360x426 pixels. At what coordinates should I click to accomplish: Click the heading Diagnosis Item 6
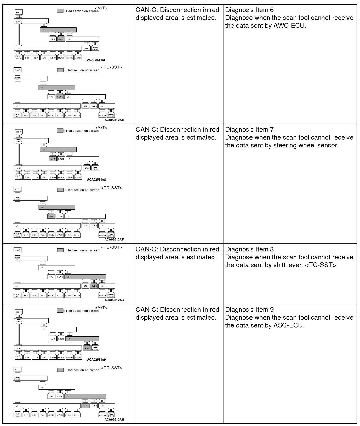pos(249,10)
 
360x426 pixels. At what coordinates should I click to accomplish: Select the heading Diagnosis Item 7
pos(249,130)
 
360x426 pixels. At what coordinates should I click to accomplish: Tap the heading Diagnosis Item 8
pos(249,249)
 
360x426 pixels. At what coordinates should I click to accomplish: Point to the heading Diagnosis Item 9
pos(249,310)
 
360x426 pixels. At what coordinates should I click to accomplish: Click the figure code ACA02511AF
pos(96,60)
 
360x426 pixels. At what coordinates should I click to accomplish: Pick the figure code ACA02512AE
pos(114,120)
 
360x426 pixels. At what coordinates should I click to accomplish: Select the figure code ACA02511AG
pos(96,180)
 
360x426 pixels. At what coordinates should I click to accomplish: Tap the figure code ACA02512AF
pos(114,239)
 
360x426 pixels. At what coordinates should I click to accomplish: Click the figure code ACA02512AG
pos(114,300)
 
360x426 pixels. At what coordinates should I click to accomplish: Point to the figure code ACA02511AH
pos(96,360)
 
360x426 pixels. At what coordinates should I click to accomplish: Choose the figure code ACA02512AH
pos(114,420)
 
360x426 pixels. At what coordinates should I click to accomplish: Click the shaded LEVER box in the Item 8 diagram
pos(94,286)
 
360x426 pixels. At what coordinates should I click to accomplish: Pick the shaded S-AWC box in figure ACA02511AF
pos(61,39)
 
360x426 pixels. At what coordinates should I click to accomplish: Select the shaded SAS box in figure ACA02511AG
pos(53,159)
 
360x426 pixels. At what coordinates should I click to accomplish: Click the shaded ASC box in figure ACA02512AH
pos(85,406)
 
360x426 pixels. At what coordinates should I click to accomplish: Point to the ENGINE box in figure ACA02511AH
pos(95,348)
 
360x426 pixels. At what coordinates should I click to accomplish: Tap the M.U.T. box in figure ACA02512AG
pos(18,250)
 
